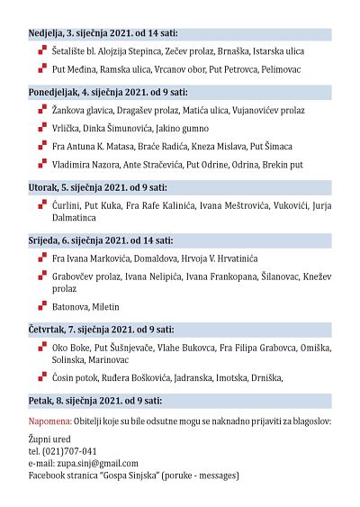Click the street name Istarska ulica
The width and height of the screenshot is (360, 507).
[x=279, y=52]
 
